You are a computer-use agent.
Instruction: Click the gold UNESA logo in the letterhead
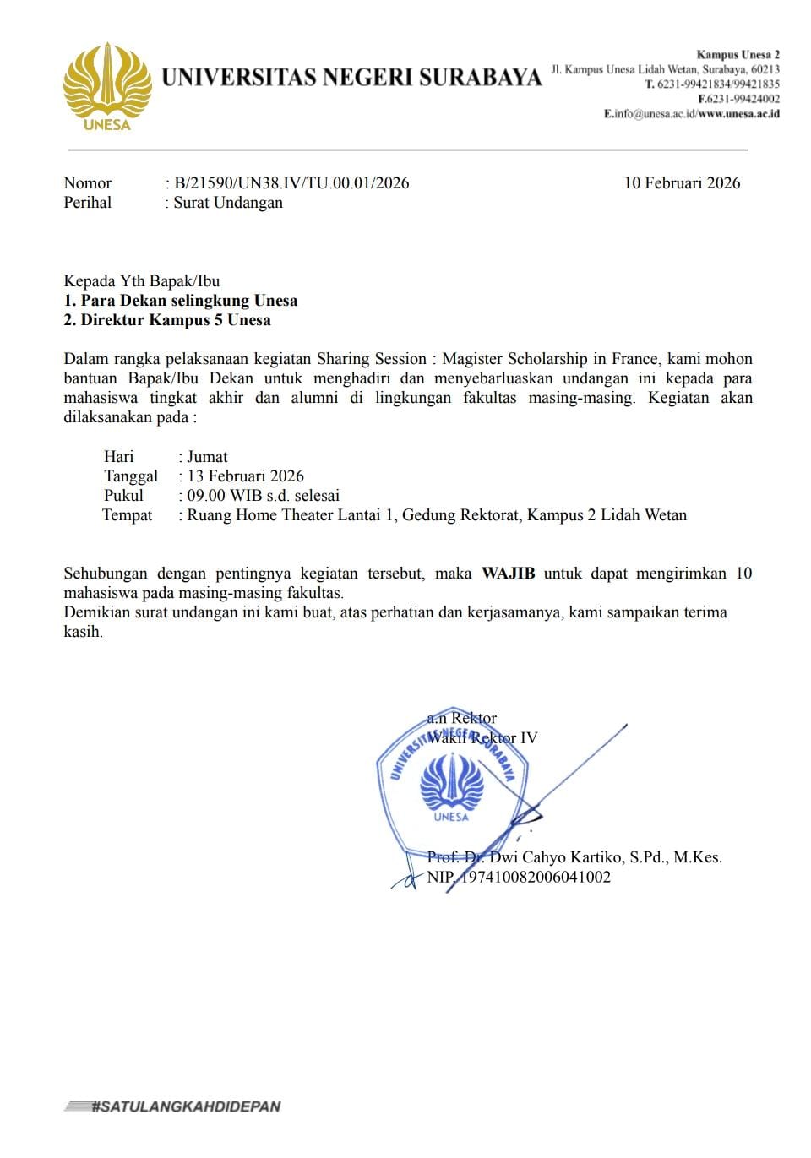tap(107, 87)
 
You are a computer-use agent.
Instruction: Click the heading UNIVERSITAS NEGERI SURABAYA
tap(351, 77)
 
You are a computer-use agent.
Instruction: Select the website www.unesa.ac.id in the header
tap(739, 114)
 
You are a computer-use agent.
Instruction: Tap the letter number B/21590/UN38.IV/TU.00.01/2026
tap(291, 183)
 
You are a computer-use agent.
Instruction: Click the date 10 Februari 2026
tap(682, 183)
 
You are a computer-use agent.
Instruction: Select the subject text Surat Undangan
tap(228, 203)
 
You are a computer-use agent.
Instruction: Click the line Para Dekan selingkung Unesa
tap(188, 301)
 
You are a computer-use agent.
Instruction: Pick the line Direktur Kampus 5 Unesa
tap(176, 320)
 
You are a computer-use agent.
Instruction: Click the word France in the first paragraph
tap(622, 359)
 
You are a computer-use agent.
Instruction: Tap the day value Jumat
tap(207, 457)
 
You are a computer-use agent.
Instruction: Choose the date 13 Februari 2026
tap(245, 476)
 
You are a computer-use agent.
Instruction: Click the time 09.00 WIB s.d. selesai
tap(263, 496)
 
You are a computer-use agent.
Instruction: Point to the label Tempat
tap(128, 515)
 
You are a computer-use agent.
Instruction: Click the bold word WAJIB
tap(508, 574)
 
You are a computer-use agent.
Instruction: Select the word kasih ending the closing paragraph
tap(82, 632)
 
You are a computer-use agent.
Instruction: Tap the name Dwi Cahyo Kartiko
tap(553, 857)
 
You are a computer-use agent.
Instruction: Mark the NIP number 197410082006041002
tap(533, 877)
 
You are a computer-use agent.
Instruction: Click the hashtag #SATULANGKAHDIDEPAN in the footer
tap(185, 1106)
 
